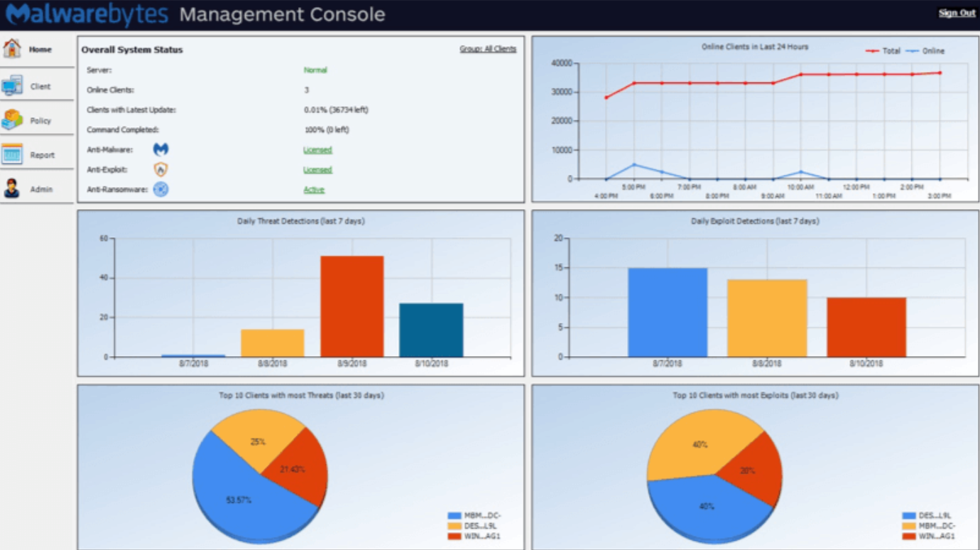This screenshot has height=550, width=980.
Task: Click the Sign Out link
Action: [957, 13]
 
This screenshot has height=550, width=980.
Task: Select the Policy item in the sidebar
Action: [40, 121]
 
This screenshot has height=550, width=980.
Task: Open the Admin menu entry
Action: [40, 189]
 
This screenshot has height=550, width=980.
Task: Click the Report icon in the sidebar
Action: [12, 154]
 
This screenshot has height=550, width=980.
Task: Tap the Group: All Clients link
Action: [488, 49]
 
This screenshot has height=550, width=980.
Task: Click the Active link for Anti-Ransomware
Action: [314, 190]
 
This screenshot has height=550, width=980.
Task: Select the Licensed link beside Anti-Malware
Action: [317, 150]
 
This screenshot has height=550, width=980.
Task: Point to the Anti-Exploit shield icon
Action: [161, 170]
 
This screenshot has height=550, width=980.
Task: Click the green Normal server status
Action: [315, 70]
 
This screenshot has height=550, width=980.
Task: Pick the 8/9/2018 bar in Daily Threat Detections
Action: [352, 306]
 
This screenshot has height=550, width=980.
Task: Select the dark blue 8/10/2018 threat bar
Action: [431, 330]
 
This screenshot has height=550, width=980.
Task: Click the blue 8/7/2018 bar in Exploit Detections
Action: [668, 312]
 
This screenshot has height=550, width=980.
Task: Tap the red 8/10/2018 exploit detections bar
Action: [866, 327]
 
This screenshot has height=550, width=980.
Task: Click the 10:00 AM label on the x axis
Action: [800, 187]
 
